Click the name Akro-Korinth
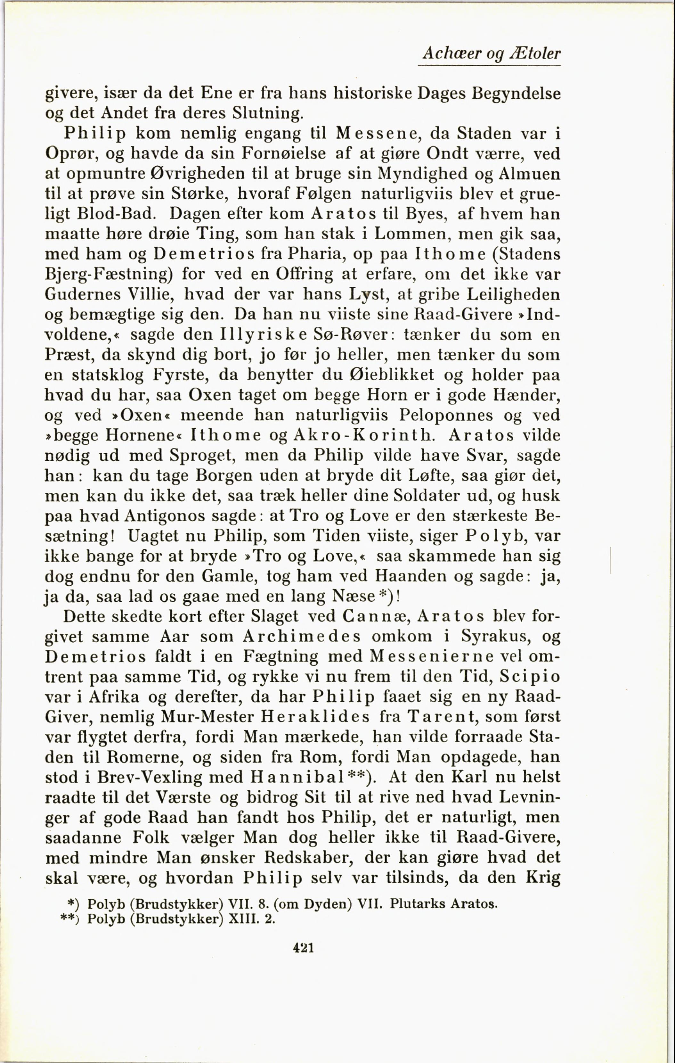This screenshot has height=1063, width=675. click(361, 436)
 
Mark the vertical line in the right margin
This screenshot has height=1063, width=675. click(611, 560)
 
